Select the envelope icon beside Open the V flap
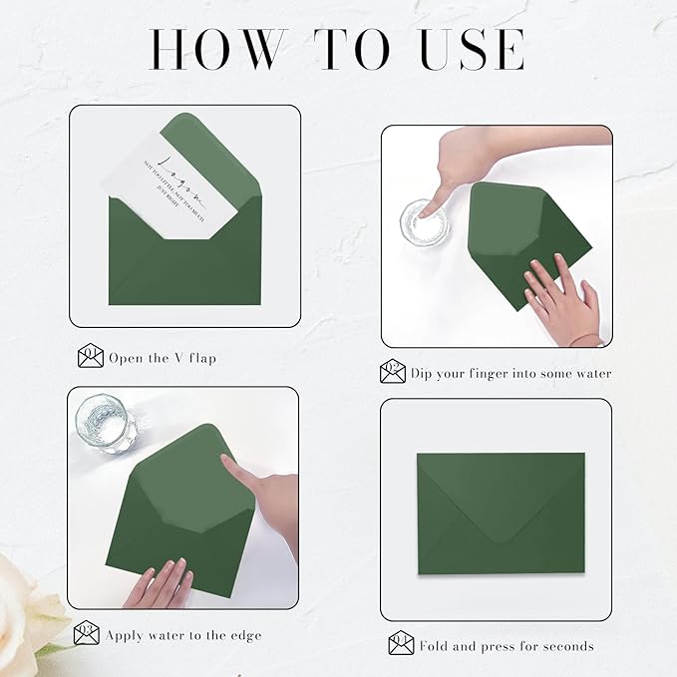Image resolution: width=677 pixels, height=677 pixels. pos(91,356)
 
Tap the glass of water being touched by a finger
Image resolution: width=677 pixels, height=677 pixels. pos(422,220)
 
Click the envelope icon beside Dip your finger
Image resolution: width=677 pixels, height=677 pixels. pos(393,373)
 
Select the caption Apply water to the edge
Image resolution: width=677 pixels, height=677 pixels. pos(184,634)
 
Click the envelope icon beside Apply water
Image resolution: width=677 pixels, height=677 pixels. pos(87,633)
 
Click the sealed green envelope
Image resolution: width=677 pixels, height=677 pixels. pos(500,512)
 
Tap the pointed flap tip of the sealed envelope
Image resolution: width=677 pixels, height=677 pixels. pos(500,539)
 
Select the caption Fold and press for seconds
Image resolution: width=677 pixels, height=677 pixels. pos(507,646)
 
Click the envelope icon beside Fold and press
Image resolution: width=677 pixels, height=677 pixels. pos(401,644)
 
